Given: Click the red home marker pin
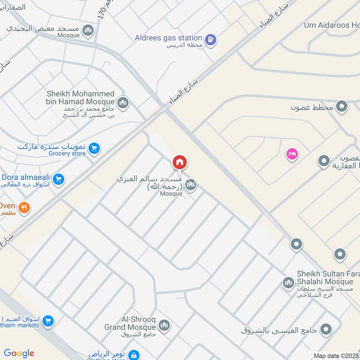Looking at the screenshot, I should pos(180,162).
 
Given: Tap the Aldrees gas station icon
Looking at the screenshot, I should pos(210,40).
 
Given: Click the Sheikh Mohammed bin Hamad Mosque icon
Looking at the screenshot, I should pos(123,103).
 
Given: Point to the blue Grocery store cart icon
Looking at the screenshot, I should pos(94,148).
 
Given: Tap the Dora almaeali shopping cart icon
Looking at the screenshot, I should pos(58,180).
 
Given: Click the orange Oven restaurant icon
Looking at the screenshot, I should pos(24,207).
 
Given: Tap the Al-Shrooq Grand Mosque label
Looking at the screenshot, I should pos(130,323).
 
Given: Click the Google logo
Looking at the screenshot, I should pos(19,353).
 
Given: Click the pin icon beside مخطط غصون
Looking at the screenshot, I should pos(342,107).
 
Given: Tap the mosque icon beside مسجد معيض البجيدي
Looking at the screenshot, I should pos(88,30).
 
